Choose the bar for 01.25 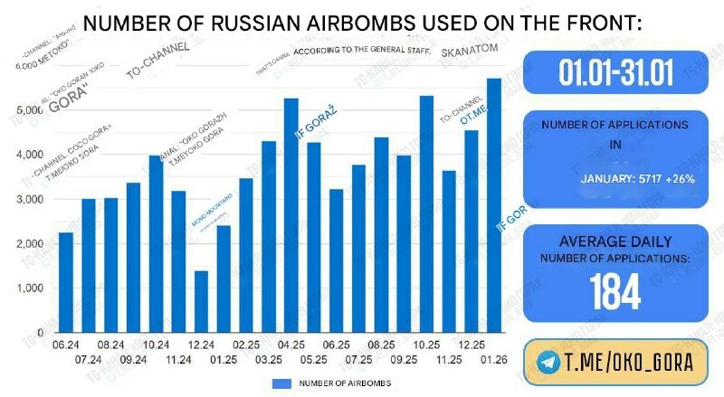pos(224,279)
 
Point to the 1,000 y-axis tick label pos(30,288)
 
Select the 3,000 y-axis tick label pos(30,200)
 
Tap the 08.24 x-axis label pos(110,345)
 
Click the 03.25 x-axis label pos(269,358)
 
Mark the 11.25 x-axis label pos(449,358)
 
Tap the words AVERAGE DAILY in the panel pos(615,241)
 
